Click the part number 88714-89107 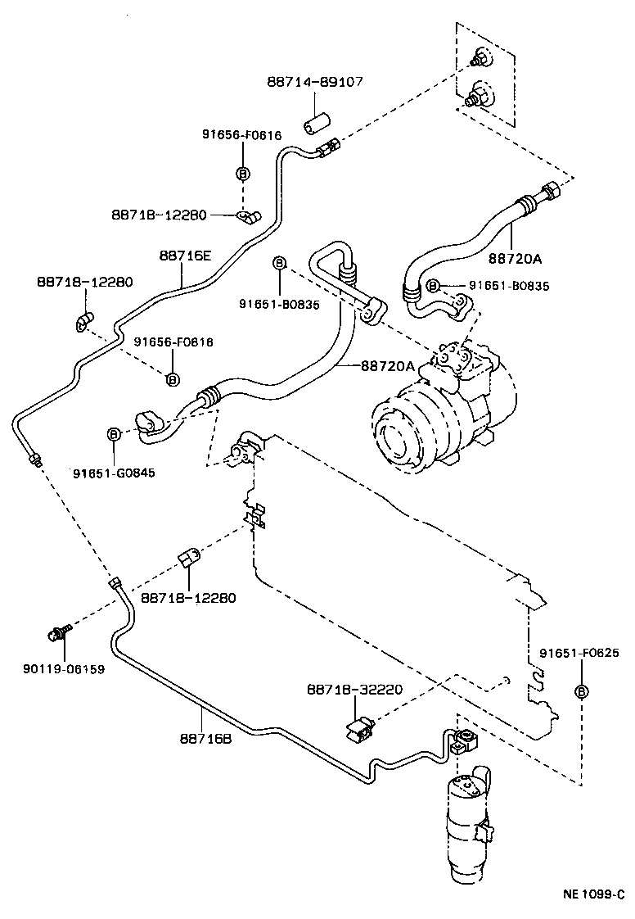click(315, 82)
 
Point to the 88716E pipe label click(185, 256)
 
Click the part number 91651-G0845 click(114, 473)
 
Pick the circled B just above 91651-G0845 click(114, 433)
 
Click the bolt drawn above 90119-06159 click(59, 632)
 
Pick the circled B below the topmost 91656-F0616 click(242, 173)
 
